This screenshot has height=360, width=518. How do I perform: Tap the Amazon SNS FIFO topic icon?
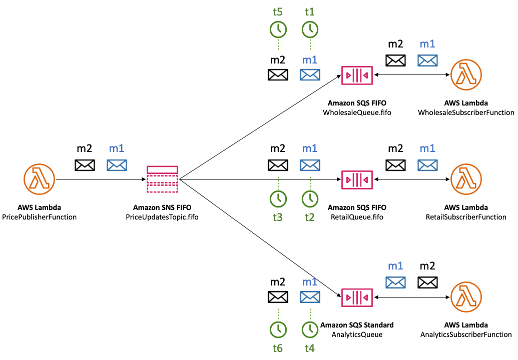(x=162, y=179)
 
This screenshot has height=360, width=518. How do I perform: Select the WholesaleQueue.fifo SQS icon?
(x=357, y=75)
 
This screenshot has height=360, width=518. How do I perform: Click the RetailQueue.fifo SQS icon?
(x=357, y=179)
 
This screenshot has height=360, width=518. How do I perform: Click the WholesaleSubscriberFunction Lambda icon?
(x=466, y=75)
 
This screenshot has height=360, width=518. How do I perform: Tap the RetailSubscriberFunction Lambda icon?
(x=466, y=179)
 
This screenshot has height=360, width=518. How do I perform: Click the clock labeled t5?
(x=279, y=29)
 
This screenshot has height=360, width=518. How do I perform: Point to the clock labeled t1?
(x=310, y=29)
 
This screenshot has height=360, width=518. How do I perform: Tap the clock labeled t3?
(x=279, y=199)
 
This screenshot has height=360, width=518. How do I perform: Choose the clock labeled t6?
(x=279, y=329)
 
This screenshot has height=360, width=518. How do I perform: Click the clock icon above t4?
(x=310, y=329)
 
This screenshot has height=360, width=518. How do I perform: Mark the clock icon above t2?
(x=310, y=199)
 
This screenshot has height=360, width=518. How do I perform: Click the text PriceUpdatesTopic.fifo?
(x=162, y=217)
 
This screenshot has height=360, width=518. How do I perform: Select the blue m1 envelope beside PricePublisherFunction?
(x=117, y=165)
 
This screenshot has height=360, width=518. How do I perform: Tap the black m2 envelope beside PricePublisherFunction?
(x=85, y=165)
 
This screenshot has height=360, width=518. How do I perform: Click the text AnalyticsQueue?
(x=357, y=334)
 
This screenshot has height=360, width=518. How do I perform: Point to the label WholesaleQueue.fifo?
(x=357, y=113)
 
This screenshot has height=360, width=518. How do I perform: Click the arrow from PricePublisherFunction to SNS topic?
(x=100, y=179)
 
